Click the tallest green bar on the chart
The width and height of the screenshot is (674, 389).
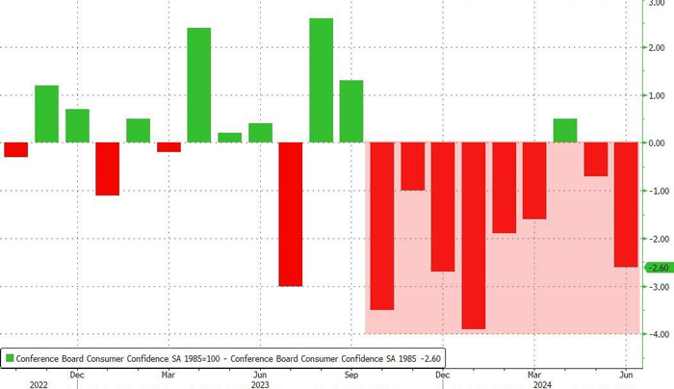pos(321,81)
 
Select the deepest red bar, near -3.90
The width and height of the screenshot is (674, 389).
pos(474,236)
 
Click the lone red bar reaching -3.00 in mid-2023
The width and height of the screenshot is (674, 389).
pos(291,214)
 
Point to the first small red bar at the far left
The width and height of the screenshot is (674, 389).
pos(16,149)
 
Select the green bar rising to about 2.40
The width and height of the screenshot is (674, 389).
pos(199,86)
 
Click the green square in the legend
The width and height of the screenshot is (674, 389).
pos(10,357)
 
